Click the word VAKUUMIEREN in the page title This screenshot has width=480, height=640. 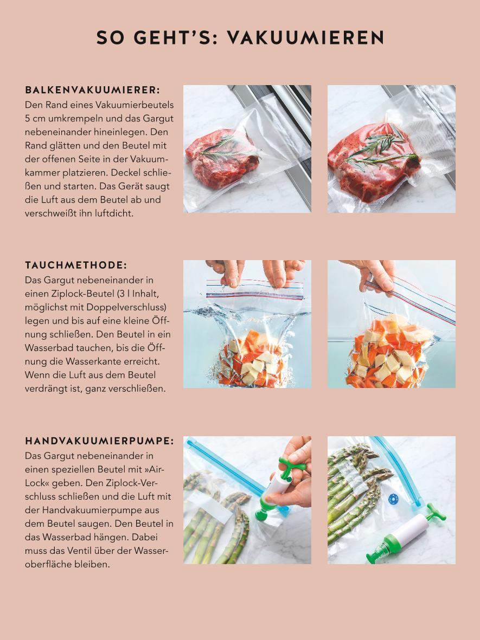pos(305,37)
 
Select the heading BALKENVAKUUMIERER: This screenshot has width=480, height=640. pos(93,90)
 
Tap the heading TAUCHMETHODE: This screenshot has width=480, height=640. pos(76,266)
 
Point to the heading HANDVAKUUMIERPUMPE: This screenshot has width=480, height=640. pos(100,441)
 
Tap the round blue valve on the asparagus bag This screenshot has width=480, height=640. pos(394,499)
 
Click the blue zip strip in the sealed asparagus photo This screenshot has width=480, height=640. pos(398,469)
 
